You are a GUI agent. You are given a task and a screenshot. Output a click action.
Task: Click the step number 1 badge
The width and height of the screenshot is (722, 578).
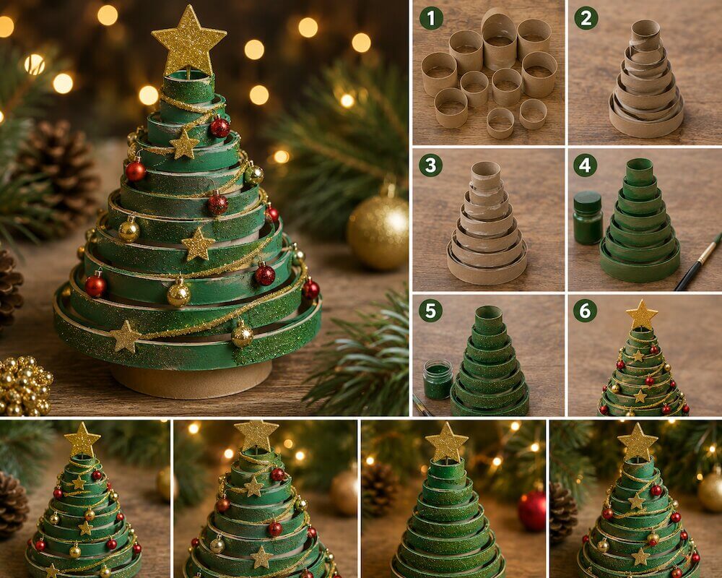click(431, 19)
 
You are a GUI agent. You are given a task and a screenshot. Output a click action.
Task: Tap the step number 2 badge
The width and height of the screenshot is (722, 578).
click(586, 19)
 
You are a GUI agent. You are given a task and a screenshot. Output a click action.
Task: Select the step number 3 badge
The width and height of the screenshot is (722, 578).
click(431, 165)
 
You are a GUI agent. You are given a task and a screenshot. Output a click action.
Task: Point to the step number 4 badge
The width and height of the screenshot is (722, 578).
click(586, 165)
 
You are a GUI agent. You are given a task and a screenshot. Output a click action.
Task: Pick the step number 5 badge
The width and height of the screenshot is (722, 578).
click(430, 311)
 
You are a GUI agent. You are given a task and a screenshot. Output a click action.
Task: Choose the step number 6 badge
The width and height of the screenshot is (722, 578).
click(586, 311)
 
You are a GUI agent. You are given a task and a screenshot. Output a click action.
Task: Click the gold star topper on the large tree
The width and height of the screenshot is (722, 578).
click(188, 41)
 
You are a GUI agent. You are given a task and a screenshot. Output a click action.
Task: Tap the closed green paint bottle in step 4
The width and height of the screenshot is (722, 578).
click(588, 217)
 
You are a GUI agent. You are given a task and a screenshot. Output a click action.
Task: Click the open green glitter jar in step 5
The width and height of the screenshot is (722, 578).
click(438, 379)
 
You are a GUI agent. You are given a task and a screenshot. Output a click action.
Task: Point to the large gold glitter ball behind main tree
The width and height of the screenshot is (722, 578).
click(378, 232)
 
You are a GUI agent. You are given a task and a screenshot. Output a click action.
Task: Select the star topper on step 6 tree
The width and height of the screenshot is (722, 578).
click(641, 315)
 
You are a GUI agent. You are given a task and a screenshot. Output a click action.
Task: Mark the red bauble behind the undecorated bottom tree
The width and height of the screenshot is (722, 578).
click(532, 511)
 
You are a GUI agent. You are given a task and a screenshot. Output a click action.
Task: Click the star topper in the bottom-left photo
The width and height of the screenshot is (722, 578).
click(82, 440)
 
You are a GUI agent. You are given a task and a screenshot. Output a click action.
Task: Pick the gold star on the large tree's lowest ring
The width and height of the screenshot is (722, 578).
click(125, 337)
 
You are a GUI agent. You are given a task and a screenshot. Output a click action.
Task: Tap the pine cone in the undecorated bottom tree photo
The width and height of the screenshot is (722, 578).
click(380, 488)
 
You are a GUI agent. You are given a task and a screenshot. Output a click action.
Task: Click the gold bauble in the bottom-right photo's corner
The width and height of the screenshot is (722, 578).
click(710, 491)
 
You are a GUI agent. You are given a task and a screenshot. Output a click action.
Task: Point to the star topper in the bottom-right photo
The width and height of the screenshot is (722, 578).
click(638, 441)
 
